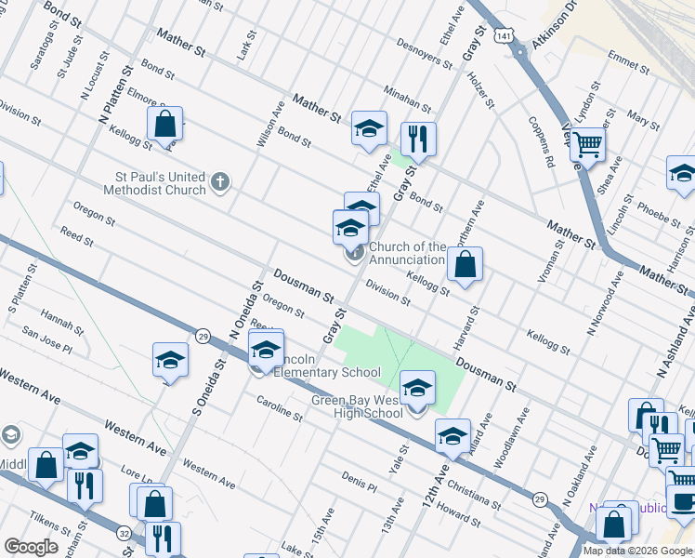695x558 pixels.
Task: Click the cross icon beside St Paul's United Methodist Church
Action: click(x=219, y=180)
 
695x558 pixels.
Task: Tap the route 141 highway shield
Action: click(x=503, y=34)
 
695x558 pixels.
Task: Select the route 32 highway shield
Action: click(x=124, y=533)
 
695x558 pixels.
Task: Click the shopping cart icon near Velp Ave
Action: click(x=587, y=145)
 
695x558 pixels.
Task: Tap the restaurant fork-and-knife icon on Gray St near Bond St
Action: click(x=418, y=139)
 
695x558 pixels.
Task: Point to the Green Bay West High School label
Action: click(x=357, y=407)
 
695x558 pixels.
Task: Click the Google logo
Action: click(x=31, y=546)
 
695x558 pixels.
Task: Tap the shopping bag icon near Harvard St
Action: click(x=466, y=264)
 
